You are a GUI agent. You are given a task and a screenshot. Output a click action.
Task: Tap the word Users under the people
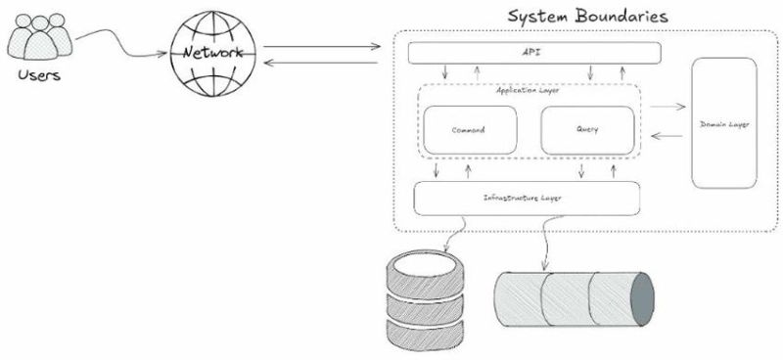point(37,75)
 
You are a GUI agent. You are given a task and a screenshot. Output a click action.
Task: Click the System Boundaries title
point(587,16)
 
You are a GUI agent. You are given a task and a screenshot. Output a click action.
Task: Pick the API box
point(533,52)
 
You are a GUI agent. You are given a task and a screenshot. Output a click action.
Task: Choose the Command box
point(469,130)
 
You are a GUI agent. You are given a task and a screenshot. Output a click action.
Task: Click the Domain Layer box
point(723,123)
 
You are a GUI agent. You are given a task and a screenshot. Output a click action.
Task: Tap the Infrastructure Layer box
point(528,198)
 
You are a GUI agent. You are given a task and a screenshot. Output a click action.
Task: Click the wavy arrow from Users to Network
point(117,39)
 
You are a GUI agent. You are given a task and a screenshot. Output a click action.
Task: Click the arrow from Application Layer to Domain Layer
point(668,106)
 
